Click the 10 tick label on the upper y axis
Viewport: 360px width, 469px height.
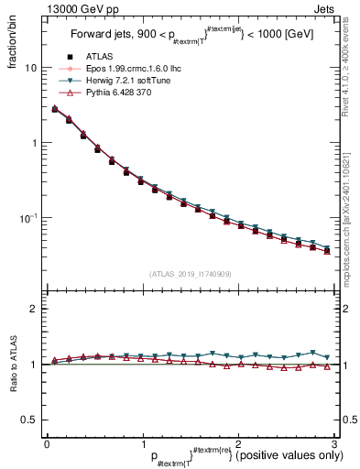point(30,68)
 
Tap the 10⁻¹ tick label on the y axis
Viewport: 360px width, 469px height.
point(27,218)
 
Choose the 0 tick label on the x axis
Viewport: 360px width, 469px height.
point(47,443)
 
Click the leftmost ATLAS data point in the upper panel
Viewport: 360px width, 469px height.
point(55,109)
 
